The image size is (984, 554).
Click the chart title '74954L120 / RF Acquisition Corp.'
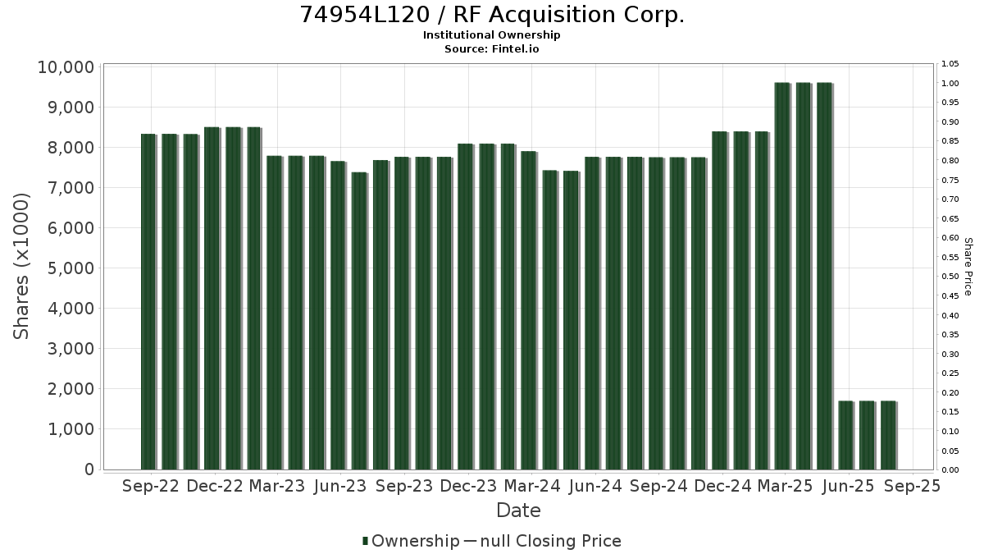coord(491,15)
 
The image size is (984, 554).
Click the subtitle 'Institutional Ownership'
coord(491,35)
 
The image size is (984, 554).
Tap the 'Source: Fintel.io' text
coord(491,48)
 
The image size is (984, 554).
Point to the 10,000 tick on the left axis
coord(66,67)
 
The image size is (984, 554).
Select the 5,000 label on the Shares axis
coord(71,268)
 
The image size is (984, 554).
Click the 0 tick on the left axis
coord(89,469)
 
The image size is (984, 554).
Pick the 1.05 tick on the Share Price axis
coord(950,64)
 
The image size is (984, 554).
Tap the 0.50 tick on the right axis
coord(950,277)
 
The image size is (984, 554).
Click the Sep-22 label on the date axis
coord(151,486)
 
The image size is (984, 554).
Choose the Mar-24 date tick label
coord(532,486)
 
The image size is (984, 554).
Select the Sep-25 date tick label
coord(913,486)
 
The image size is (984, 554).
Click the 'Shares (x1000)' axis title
coord(21,267)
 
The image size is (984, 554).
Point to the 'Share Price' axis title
coord(968,267)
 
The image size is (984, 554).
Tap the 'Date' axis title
coord(518,511)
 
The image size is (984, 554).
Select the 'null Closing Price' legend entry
coord(551,541)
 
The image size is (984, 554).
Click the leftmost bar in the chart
coord(148,302)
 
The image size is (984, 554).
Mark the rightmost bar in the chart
coord(888,435)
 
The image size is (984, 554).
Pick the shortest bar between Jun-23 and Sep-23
coord(359,321)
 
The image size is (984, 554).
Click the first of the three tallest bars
coord(782,276)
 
